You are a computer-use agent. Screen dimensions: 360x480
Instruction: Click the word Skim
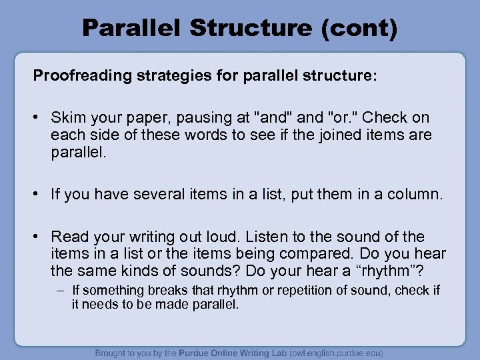coord(67,117)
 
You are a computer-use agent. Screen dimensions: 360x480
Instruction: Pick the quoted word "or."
coord(347,117)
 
